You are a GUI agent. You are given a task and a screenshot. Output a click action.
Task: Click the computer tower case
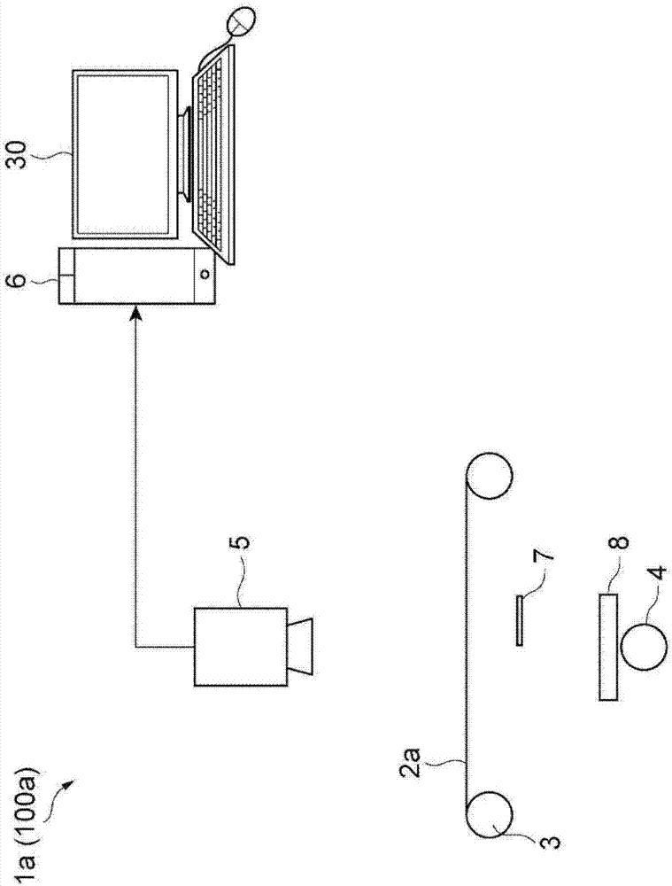pos(136,276)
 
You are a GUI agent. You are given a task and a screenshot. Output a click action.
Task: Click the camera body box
pos(241,646)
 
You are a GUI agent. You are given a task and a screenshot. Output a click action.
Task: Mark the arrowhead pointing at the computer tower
pos(135,312)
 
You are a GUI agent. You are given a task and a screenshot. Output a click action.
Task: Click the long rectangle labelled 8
pos(607,647)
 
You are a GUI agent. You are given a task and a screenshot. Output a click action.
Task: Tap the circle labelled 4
pos(644,648)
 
